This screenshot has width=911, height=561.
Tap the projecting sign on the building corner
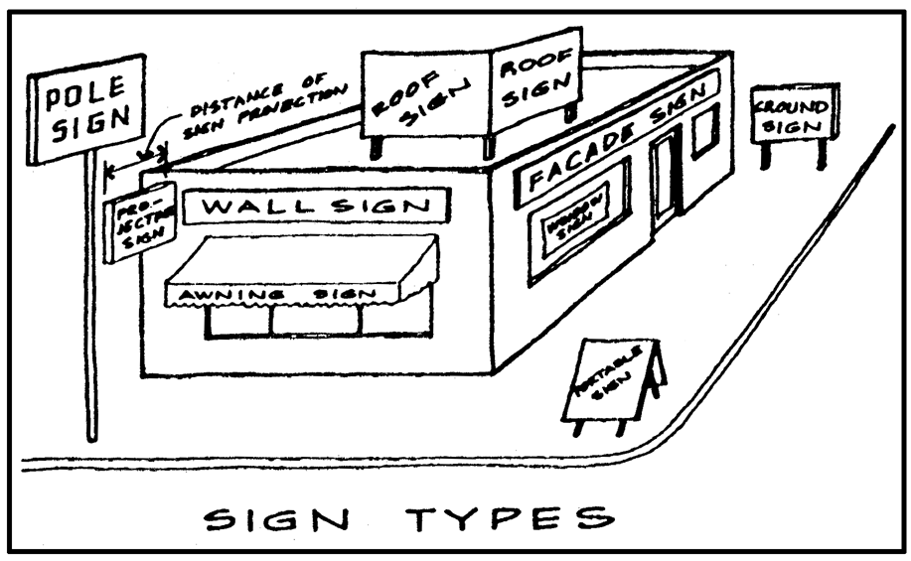click(139, 221)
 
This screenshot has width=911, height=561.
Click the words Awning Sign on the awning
click(298, 295)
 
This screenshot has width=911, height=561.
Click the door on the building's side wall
click(664, 179)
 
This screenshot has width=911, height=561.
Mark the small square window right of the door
click(705, 131)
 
